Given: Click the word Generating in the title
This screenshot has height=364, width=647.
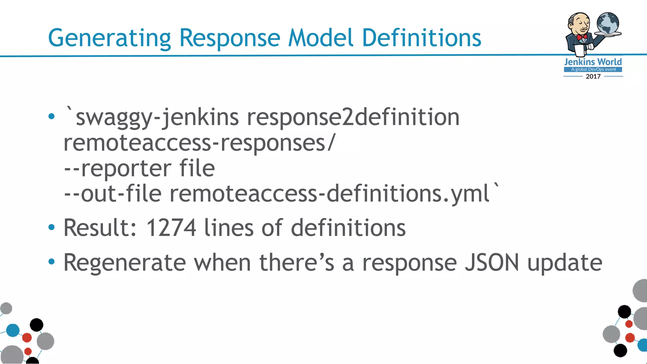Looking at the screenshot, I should coord(109,38).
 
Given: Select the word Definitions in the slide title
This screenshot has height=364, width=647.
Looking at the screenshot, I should coord(421,38).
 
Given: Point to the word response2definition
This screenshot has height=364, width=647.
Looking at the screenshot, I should coord(353,117).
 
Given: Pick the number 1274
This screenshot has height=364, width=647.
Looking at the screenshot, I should coord(171,228).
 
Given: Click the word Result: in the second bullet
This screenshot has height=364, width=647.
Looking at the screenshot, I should coord(100,228).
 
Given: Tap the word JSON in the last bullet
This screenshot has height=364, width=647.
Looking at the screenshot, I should coord(492,263).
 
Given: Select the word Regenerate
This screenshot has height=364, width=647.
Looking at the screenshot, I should coord(125,263).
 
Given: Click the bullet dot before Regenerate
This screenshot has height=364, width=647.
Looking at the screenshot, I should coord(51,262).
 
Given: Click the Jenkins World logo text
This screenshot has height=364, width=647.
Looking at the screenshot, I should coord(593,62).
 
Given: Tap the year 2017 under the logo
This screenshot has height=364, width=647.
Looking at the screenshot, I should coord(593,76).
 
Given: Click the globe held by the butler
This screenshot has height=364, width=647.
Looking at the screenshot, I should coord(608,23).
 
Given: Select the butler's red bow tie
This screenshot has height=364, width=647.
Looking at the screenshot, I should coord(582,37).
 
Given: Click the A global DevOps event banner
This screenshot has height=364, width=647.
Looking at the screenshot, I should coord(593,70).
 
